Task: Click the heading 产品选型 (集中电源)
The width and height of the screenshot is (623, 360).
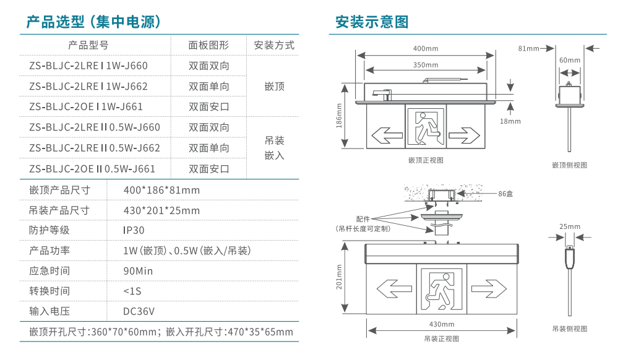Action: tap(93, 22)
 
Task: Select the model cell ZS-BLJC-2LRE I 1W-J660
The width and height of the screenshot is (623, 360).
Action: tap(88, 66)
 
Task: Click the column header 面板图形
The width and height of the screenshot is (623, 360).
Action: tap(208, 45)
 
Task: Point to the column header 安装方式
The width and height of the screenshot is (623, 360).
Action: tap(274, 45)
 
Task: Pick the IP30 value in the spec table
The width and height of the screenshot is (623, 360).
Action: tap(134, 230)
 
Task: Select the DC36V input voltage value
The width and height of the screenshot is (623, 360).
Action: tap(139, 311)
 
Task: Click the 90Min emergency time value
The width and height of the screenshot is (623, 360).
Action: tap(138, 271)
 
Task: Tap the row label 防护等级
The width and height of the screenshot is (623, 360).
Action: tap(49, 230)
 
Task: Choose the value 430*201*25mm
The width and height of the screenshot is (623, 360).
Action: tap(161, 210)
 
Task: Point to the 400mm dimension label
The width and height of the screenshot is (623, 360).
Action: tap(425, 49)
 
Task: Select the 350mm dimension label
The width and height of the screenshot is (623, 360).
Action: tap(425, 65)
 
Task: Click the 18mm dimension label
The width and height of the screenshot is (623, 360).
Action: tap(510, 121)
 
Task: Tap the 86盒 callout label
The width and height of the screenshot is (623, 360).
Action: tap(505, 194)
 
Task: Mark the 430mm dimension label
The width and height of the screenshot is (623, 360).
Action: tap(442, 324)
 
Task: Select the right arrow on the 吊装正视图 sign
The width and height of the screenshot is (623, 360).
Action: tap(489, 287)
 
